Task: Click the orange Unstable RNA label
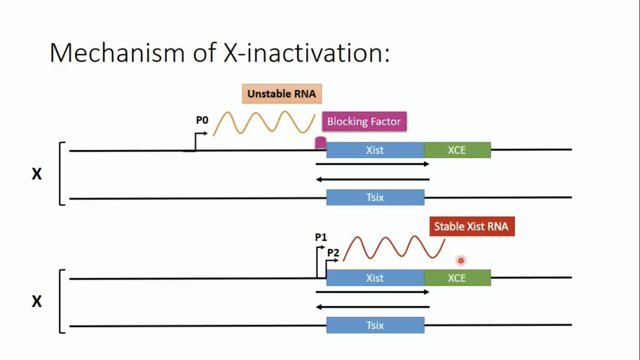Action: tap(282, 94)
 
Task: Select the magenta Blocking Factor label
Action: tap(364, 122)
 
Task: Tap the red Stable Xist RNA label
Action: tap(471, 226)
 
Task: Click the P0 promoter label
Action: tap(202, 121)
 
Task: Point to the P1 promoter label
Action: tap(321, 237)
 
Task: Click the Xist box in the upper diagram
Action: tap(375, 150)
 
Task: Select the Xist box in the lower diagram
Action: tap(375, 278)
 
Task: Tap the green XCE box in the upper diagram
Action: tap(457, 150)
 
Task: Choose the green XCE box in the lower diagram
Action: tap(457, 278)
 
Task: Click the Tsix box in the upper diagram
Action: tap(375, 197)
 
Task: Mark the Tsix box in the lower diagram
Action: tap(375, 325)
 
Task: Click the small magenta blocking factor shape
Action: tap(321, 143)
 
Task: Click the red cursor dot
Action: tap(461, 260)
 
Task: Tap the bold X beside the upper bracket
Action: tap(36, 174)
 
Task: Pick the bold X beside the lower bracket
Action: tap(36, 302)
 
